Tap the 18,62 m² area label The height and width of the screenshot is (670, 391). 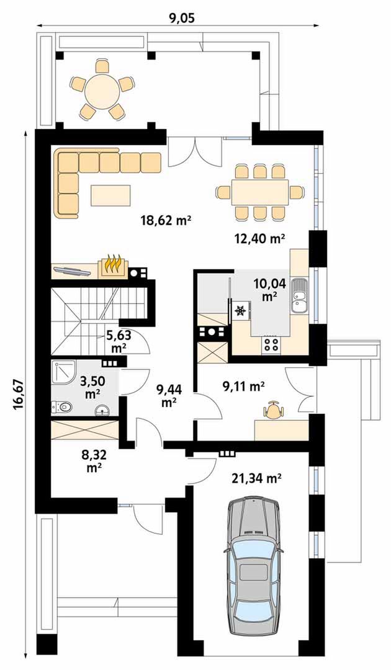165,220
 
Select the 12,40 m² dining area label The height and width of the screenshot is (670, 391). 259,238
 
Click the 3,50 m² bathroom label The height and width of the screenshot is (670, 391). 92,386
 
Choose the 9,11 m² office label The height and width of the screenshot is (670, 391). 243,386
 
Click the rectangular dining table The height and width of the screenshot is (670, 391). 259,192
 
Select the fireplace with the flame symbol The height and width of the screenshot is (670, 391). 113,266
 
